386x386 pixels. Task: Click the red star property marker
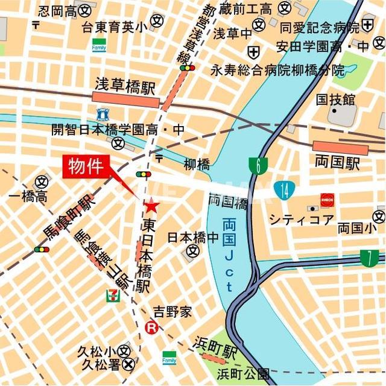coord(151,207)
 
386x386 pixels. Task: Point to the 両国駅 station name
coord(337,162)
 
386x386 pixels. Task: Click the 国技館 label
coord(335,99)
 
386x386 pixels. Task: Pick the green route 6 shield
coord(258,166)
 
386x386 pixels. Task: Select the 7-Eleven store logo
coord(113,295)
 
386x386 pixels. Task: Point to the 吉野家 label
coord(172,311)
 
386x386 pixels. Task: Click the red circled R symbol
coord(152,328)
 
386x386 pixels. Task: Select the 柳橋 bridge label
coord(197,164)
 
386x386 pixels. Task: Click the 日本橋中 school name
coord(192,237)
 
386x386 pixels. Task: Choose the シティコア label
coord(301,220)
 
